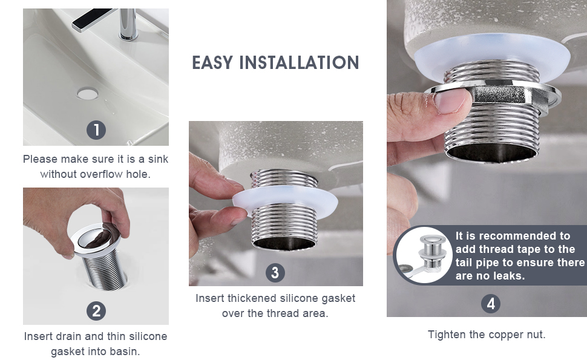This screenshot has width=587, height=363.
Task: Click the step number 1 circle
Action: [x=96, y=130]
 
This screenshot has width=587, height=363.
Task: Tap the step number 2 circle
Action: [x=96, y=311]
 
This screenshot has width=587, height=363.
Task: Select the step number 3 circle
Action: [x=275, y=272]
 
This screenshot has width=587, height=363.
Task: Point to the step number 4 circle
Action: [x=490, y=303]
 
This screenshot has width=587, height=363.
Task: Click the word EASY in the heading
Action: [x=214, y=63]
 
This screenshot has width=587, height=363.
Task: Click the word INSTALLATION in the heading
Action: [x=300, y=63]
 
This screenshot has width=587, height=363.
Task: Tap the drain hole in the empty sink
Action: [x=88, y=94]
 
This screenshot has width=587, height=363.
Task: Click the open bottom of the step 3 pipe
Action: [x=284, y=243]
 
